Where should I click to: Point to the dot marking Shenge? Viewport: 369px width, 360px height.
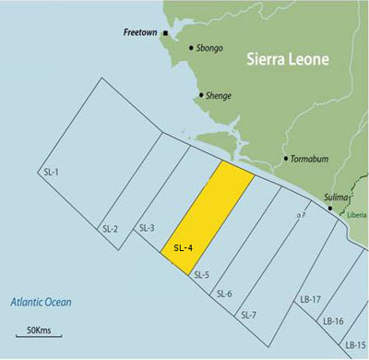pos(201,94)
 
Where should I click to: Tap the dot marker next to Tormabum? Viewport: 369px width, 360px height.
pos(287,159)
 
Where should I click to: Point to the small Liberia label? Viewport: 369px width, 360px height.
pos(358,214)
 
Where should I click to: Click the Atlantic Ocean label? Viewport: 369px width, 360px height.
pos(41,302)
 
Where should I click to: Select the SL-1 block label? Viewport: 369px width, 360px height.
pos(52,173)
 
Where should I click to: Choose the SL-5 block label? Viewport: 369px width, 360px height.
pos(201,274)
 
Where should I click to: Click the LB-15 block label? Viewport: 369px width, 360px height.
pos(354,344)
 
